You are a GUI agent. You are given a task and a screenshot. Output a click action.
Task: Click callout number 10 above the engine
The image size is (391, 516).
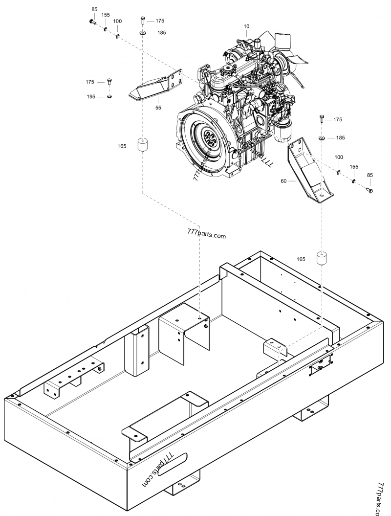(x=247, y=26)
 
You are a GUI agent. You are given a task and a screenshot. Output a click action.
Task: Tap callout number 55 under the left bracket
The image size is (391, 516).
(x=158, y=108)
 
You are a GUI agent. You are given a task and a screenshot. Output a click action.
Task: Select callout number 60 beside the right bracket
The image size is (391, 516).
(x=284, y=180)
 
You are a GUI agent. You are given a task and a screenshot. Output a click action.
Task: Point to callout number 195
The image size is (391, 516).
(x=91, y=97)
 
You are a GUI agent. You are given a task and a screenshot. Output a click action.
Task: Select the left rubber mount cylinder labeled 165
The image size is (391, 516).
(x=142, y=145)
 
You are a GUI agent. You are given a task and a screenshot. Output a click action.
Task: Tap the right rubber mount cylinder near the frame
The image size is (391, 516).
(x=322, y=259)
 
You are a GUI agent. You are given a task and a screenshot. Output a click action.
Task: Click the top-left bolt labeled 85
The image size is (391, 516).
(x=92, y=22)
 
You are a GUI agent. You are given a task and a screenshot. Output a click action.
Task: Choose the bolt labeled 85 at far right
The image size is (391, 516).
(x=369, y=190)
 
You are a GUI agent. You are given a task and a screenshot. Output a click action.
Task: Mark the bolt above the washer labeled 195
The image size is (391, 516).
(x=109, y=81)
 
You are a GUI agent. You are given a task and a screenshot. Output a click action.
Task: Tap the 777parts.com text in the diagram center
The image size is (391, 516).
(x=207, y=234)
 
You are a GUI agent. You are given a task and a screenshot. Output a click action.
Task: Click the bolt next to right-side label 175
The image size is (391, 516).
(x=322, y=119)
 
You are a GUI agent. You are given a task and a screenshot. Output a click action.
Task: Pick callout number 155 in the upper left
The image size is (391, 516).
(x=106, y=15)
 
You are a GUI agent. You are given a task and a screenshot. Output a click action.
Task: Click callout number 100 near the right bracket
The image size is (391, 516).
(x=339, y=157)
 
